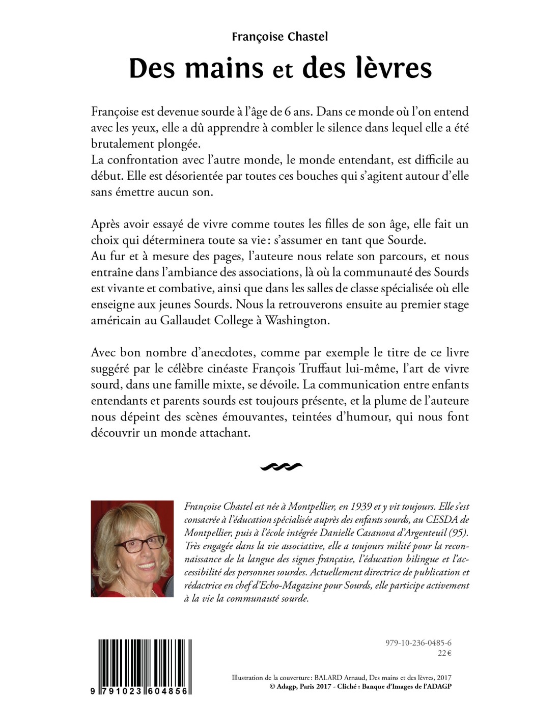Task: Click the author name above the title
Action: [279, 37]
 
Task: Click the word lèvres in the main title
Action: [367, 68]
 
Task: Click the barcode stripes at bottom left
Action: [145, 662]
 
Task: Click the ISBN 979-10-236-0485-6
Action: [418, 643]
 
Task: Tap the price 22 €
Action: [444, 654]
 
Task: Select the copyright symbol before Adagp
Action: [272, 686]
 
